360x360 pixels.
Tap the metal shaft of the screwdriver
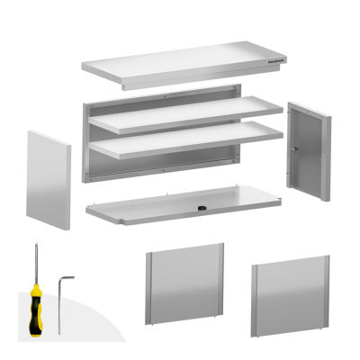(36, 261)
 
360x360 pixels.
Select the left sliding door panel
(185, 287)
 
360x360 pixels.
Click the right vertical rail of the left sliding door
(221, 284)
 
